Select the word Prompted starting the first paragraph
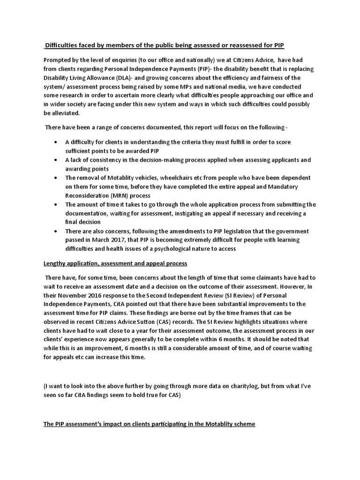pyautogui.click(x=59, y=60)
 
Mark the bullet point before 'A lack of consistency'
pyautogui.click(x=56, y=160)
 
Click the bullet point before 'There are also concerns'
pyautogui.click(x=56, y=231)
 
